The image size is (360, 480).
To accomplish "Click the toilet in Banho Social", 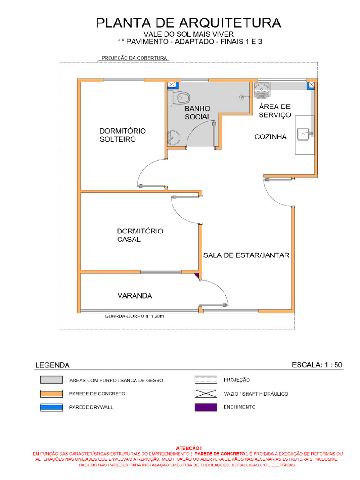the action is point(180,98).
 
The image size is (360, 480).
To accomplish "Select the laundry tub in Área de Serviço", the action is point(262,90).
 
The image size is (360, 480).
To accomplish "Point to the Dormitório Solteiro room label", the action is point(122,135).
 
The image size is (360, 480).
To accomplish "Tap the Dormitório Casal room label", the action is point(140,235).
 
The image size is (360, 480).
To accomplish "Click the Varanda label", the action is point(135,296).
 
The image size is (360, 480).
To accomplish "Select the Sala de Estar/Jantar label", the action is point(246,255).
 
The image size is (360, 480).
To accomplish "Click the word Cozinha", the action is point(270,137).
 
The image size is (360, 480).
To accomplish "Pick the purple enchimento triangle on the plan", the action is point(197,276).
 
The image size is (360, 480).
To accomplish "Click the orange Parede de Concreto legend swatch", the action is point(52,394).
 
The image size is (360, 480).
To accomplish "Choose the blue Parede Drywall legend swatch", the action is point(52,407).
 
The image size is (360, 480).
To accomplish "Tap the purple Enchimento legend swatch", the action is point(206,407).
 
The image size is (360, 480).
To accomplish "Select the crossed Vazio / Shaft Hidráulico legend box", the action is point(206,394).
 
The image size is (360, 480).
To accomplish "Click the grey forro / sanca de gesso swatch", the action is point(52,380).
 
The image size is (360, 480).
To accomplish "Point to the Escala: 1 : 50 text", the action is point(317,365).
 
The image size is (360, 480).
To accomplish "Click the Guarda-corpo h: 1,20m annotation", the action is point(135,316).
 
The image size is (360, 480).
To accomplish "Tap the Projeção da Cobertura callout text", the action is point(135,58).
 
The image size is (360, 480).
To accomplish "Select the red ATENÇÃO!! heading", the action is point(189,448).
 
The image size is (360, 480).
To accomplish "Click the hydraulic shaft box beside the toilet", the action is point(172,85).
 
